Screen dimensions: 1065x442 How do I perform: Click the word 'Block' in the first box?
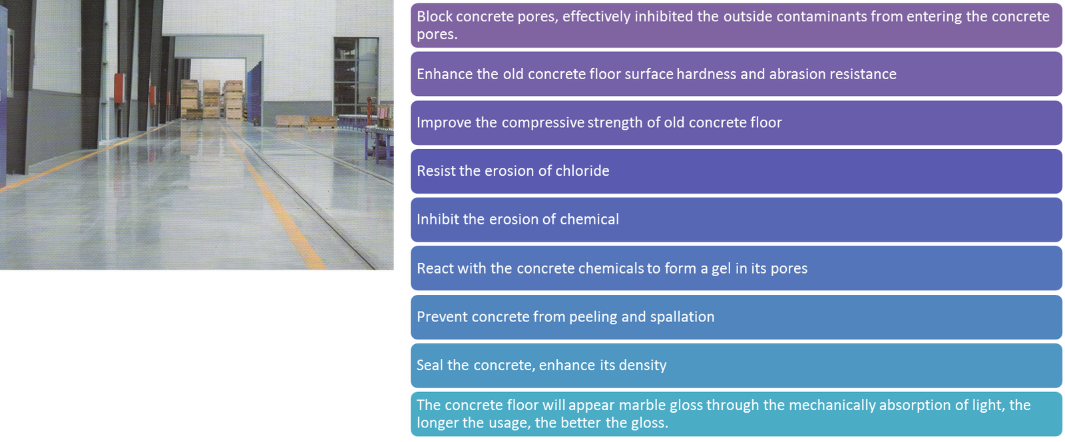click(435, 17)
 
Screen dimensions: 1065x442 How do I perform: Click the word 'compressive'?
click(543, 122)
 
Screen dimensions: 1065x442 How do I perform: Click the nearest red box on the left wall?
click(118, 89)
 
